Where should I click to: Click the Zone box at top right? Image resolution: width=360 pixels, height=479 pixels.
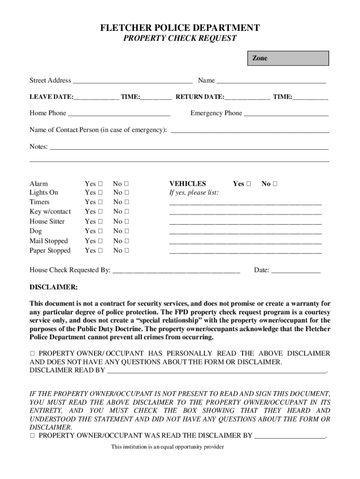tap(288, 58)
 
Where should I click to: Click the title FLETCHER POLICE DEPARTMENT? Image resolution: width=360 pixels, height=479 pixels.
tap(180, 29)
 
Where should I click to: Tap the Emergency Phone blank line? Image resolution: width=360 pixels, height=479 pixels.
tap(286, 114)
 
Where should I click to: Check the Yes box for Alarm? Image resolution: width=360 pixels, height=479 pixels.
tap(101, 184)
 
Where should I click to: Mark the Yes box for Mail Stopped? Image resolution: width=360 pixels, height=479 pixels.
tap(101, 241)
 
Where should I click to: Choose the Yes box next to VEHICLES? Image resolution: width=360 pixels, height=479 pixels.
tap(249, 184)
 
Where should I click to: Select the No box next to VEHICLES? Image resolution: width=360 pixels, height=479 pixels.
tap(275, 184)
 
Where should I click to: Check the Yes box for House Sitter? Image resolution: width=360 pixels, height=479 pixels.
tap(101, 222)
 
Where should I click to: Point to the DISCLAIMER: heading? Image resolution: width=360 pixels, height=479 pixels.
tap(54, 286)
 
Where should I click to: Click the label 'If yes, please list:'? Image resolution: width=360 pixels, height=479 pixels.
tap(194, 193)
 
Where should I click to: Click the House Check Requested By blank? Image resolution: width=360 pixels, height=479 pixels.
tap(176, 271)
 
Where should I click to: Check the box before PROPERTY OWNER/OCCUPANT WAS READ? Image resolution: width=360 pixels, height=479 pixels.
tap(32, 436)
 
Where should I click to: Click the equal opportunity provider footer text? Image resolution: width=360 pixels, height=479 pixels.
tap(167, 447)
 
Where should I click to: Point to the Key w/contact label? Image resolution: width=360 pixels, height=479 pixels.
tap(50, 212)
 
